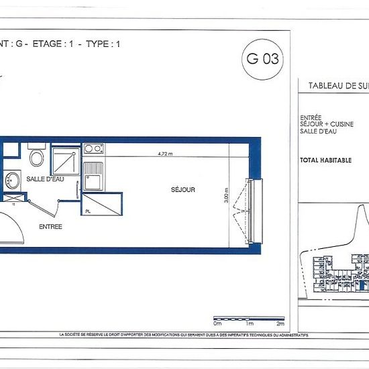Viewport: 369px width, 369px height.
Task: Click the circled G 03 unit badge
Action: click(x=263, y=58)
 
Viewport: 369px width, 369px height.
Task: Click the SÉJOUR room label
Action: click(x=182, y=190)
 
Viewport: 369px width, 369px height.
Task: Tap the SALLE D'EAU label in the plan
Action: click(x=45, y=180)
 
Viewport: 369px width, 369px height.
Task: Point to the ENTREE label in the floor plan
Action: click(x=50, y=227)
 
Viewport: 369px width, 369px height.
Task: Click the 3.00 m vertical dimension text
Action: click(x=227, y=195)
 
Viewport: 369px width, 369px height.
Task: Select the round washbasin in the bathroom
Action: click(x=11, y=180)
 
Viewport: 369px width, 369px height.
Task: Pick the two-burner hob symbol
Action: click(x=93, y=149)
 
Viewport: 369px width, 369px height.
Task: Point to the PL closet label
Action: click(x=88, y=211)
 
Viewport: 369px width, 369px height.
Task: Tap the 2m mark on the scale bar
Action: click(x=280, y=305)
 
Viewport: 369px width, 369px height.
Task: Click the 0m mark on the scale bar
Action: click(x=217, y=305)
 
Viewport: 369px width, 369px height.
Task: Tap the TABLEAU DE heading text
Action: click(x=332, y=85)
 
